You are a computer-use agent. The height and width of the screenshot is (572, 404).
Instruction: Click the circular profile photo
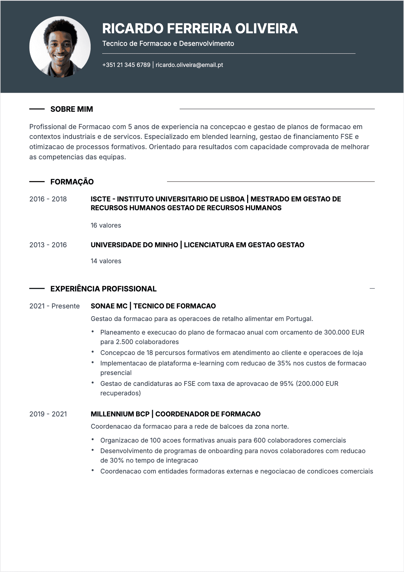(60, 47)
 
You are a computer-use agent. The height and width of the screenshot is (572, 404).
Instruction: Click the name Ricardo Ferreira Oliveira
(200, 29)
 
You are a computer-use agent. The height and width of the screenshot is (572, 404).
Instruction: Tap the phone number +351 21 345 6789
(126, 65)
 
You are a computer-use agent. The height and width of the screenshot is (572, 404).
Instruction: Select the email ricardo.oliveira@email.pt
(189, 65)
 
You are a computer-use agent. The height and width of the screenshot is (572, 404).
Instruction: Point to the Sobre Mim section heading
(72, 109)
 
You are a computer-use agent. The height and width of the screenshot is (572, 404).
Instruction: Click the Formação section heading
(72, 182)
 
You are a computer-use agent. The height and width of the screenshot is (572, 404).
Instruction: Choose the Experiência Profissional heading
(104, 289)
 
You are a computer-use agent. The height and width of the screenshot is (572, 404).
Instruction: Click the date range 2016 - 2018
(48, 199)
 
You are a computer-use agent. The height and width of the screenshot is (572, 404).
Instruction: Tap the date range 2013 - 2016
(48, 245)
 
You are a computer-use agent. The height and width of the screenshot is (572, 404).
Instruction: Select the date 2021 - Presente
(54, 306)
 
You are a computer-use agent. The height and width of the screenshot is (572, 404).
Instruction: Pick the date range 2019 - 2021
(48, 414)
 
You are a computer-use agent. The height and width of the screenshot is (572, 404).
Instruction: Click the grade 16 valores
(106, 225)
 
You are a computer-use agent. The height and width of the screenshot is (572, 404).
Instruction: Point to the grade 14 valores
(106, 261)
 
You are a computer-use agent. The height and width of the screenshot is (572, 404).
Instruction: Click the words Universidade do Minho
(134, 245)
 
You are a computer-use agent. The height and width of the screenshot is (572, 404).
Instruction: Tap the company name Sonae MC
(109, 306)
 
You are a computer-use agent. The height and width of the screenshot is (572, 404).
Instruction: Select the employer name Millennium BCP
(120, 414)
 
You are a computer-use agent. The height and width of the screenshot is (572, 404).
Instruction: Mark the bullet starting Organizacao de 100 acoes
(223, 440)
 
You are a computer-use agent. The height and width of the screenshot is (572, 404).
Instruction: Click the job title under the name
(168, 43)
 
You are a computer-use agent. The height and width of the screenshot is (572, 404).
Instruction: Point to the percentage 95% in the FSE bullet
(286, 383)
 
